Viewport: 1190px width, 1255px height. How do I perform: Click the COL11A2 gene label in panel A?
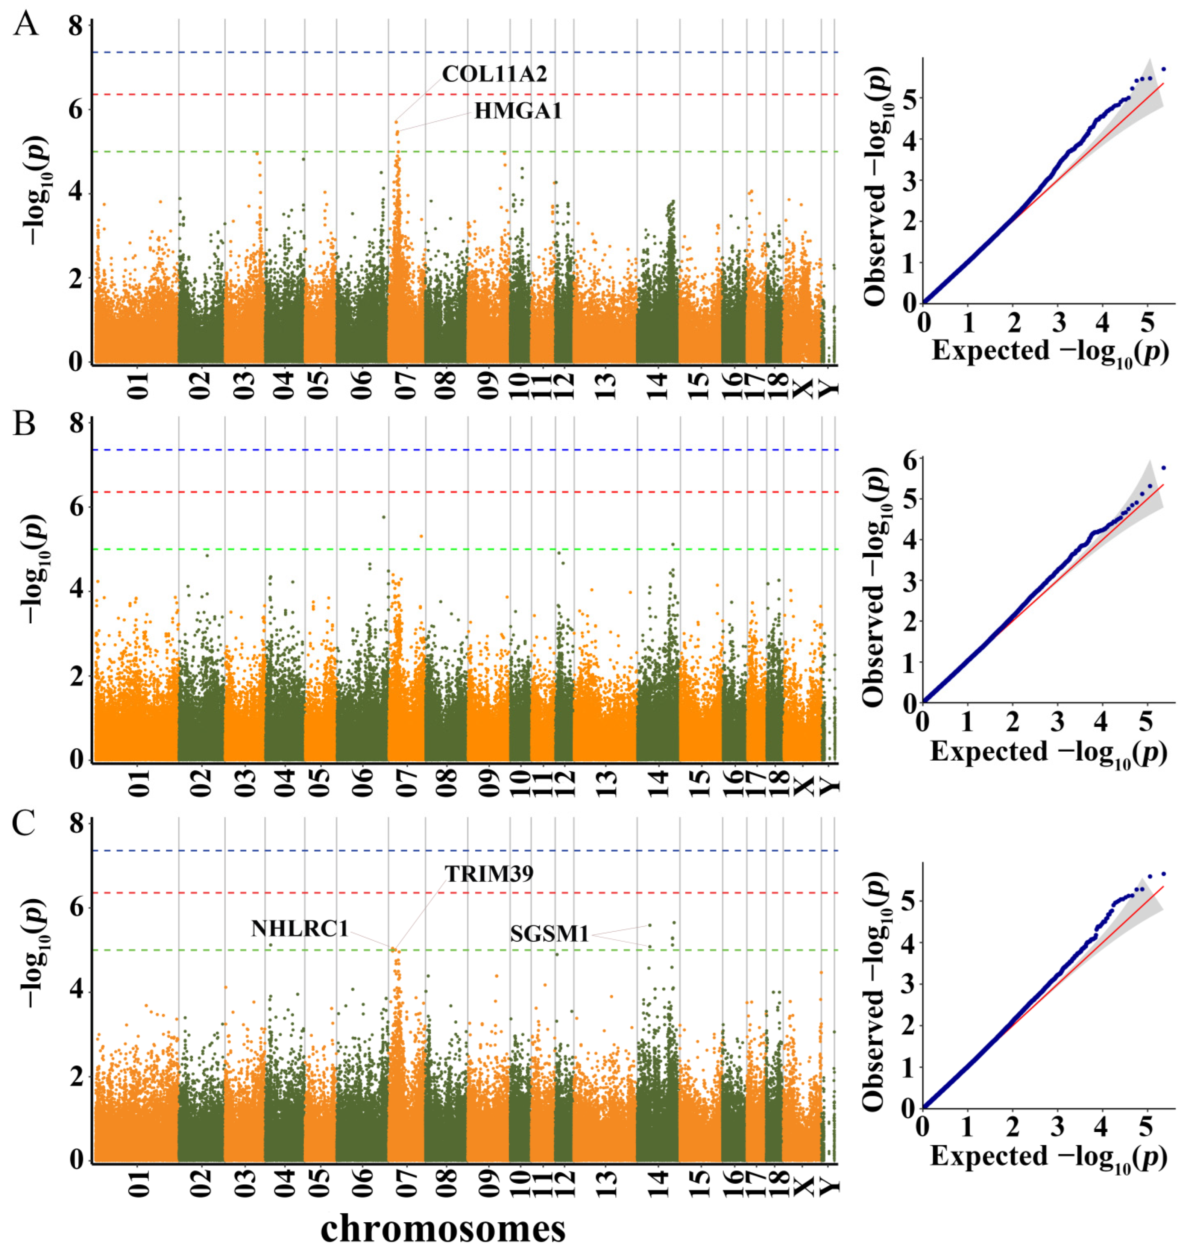pyautogui.click(x=494, y=74)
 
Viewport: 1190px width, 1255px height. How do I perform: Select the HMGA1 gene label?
pyautogui.click(x=518, y=112)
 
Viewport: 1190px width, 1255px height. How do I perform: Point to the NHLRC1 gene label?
pyautogui.click(x=299, y=929)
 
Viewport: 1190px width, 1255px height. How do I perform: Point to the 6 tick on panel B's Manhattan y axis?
pyautogui.click(x=77, y=507)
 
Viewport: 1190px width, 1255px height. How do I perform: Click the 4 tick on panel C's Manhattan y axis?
pyautogui.click(x=77, y=993)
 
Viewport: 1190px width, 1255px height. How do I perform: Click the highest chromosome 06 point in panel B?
pyautogui.click(x=384, y=517)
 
